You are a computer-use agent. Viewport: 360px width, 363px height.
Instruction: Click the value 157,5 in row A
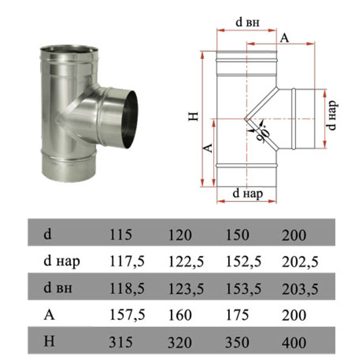127,315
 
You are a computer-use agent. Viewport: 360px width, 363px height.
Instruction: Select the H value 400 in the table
294,343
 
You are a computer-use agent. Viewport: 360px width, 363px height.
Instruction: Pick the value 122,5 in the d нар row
186,262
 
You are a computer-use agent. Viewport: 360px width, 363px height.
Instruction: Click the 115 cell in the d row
121,234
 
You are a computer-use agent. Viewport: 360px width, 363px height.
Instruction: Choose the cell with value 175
237,315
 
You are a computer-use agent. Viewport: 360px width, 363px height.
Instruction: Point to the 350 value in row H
237,343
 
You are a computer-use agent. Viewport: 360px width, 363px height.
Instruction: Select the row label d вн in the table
58,288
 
